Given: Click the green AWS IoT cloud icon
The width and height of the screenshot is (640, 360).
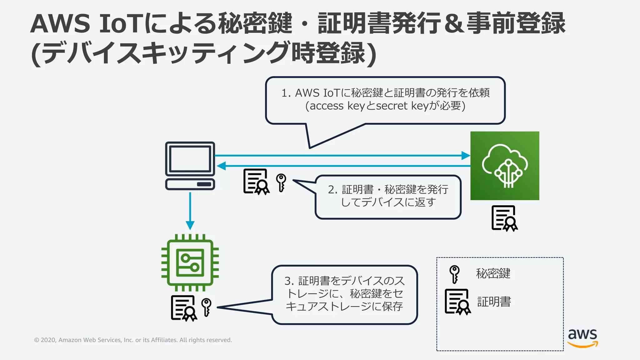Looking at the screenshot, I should coord(505,166).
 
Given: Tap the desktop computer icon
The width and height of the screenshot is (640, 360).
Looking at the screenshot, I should coord(190,166).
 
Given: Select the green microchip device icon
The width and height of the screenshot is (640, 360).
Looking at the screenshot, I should coord(190,262).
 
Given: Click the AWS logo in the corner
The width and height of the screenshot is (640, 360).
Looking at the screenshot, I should coord(582,337).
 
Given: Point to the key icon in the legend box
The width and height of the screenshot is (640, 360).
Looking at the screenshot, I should coord(454,274).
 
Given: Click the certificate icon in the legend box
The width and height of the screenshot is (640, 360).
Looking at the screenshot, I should coord(457,302).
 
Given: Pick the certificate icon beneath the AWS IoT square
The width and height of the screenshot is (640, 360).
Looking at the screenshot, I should coord(504,218).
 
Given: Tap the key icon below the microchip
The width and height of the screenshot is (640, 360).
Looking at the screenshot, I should coord(206,307).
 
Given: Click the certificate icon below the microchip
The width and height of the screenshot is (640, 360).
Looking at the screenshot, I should coord(184,308).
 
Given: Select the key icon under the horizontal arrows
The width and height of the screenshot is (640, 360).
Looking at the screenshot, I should coord(281,182).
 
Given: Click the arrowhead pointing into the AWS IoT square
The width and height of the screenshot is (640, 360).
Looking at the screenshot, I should coord(466,155).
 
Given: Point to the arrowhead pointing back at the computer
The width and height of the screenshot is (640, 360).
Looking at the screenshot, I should coord(221,166).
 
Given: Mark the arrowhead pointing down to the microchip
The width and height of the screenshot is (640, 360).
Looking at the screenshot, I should coord(190,225).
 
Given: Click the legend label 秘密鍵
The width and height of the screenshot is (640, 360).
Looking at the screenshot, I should coord(493,273).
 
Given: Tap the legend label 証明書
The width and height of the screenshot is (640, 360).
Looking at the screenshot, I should coord(494,302).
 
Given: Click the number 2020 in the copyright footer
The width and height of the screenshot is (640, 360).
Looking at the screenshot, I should coord(48,340).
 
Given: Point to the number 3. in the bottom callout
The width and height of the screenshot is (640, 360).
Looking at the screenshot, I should coord(289,281).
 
